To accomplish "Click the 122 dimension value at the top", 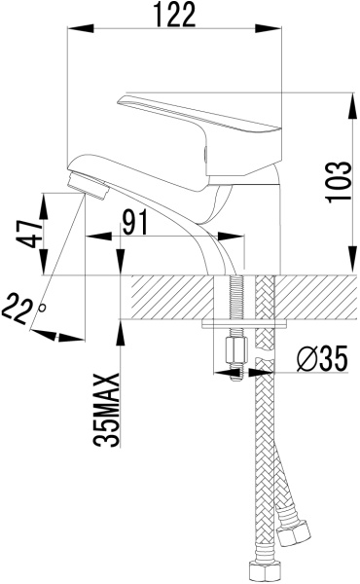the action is pos(175,15).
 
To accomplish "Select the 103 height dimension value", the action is pos(339,182).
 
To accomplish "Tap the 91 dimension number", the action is pos(135,222).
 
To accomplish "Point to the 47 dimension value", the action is pos(30,234).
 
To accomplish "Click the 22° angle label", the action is pos(23,308).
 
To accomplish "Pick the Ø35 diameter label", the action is pos(322,358).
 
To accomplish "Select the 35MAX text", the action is pos(107,410).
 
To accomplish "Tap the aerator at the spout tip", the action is pos(88,185).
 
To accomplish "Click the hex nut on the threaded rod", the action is pos(236,349).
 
